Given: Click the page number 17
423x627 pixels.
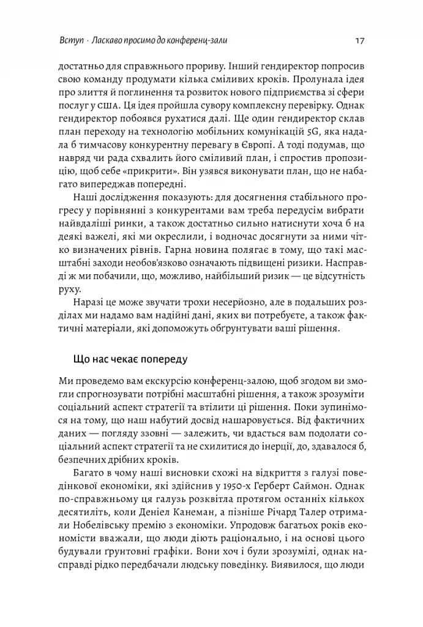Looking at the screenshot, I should (360, 40).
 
